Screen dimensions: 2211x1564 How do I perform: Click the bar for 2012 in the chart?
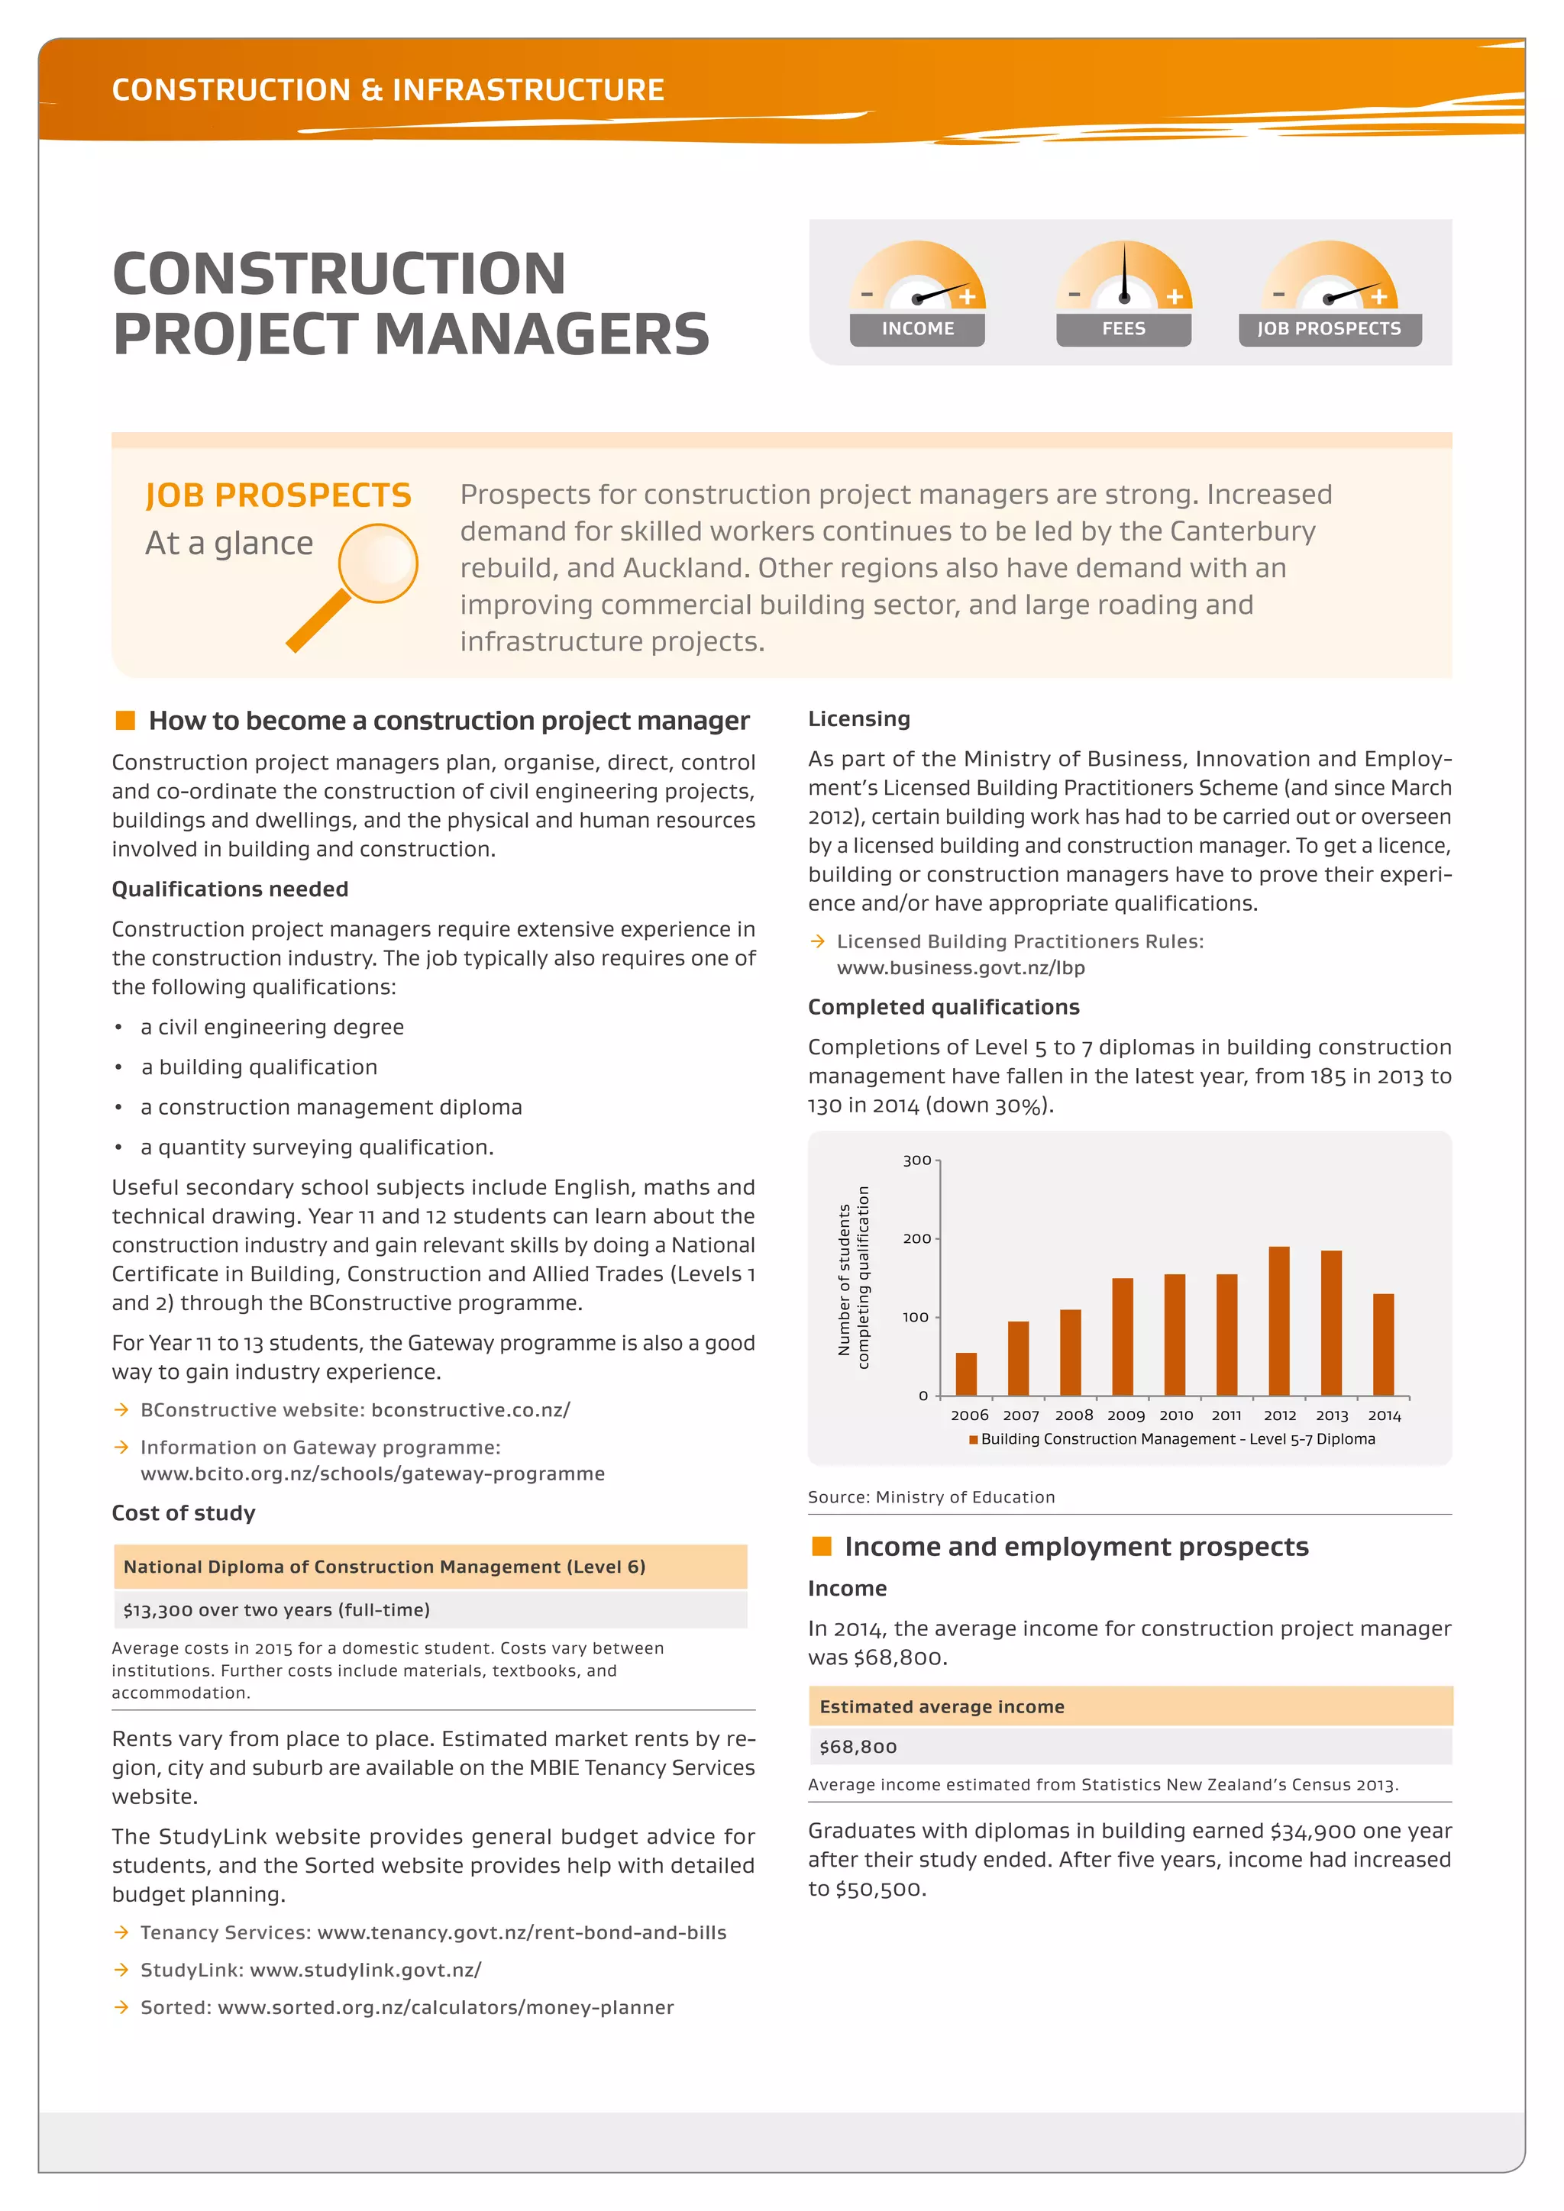[1279, 1322]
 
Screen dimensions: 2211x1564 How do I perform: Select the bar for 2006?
[966, 1374]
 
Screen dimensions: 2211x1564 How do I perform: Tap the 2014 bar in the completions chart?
[1383, 1344]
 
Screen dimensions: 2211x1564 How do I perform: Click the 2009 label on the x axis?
[1126, 1415]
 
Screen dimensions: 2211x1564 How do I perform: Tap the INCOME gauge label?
[917, 329]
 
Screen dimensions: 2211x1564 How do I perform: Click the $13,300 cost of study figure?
[276, 1610]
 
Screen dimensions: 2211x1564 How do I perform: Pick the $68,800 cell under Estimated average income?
[858, 1747]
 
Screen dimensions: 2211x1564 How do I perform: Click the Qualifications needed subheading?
[230, 889]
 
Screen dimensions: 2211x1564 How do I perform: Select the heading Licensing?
[858, 718]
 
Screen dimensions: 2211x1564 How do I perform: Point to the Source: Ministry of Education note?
[930, 1497]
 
